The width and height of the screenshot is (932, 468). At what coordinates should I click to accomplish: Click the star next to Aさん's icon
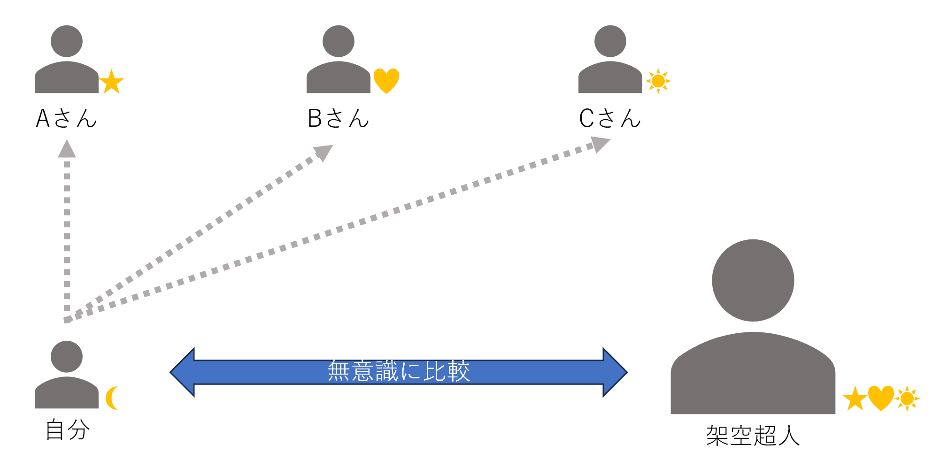(111, 82)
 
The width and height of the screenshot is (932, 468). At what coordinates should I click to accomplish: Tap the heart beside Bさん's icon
(386, 80)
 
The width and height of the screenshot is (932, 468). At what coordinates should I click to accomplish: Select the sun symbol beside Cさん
(658, 81)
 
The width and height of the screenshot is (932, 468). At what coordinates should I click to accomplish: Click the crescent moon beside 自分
(112, 398)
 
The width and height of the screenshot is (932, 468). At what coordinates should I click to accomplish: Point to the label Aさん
(66, 118)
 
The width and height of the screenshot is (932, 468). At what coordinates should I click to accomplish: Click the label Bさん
(338, 118)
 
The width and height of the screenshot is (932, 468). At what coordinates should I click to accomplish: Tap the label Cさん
(609, 118)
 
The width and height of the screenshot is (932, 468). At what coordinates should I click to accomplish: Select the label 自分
(68, 430)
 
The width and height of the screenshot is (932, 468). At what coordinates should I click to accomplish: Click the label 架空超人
(753, 436)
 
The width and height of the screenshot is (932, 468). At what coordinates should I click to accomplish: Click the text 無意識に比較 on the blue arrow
(399, 371)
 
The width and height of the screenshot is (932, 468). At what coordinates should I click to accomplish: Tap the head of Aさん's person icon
(67, 41)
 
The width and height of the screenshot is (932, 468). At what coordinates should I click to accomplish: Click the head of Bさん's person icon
(338, 41)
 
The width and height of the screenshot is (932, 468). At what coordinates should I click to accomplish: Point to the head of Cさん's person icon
(610, 41)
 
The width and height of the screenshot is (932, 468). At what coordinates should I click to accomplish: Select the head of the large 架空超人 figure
(753, 280)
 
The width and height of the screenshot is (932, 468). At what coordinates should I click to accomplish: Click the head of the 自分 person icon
(67, 357)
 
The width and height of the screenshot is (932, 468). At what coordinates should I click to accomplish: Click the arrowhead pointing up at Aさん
(67, 149)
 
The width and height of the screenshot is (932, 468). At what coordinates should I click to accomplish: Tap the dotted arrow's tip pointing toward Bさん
(324, 152)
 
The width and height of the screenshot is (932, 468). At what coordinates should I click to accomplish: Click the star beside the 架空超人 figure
(855, 399)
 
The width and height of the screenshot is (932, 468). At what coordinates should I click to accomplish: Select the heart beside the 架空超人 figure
(881, 398)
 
